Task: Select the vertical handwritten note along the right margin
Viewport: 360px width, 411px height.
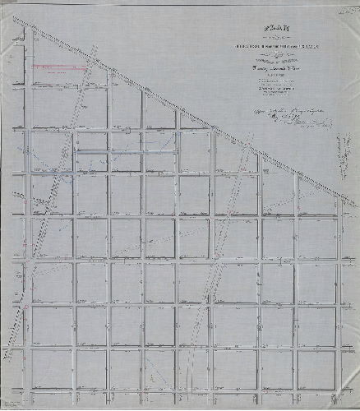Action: [336, 156]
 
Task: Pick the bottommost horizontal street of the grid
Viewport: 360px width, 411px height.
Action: [181, 387]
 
